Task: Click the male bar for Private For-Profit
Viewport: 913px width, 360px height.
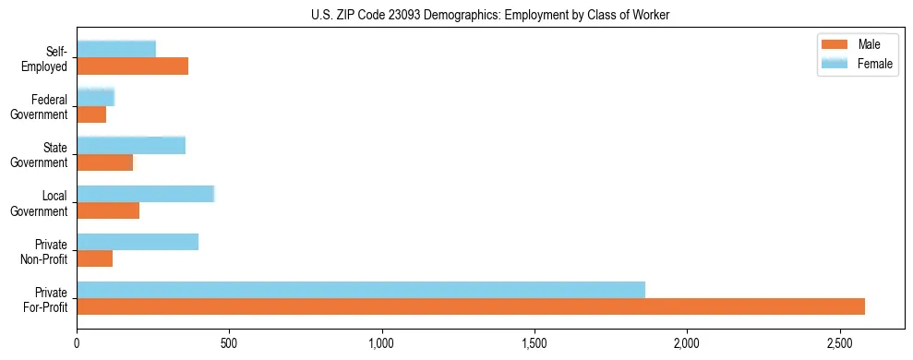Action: point(471,306)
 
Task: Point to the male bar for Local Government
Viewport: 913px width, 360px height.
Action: point(108,210)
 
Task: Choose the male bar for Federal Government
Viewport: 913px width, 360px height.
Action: point(91,114)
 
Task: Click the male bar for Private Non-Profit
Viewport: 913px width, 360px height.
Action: point(94,258)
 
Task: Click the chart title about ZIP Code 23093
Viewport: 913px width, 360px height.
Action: point(490,15)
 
